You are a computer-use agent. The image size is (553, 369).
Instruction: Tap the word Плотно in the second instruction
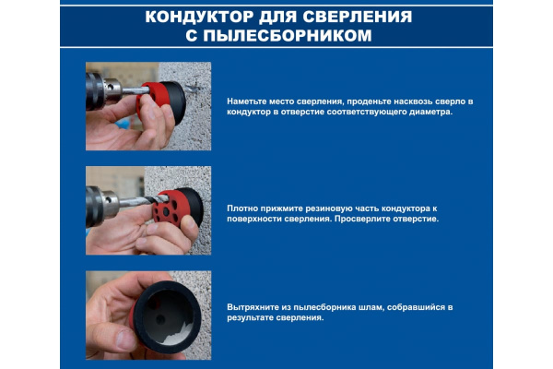coord(242,209)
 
